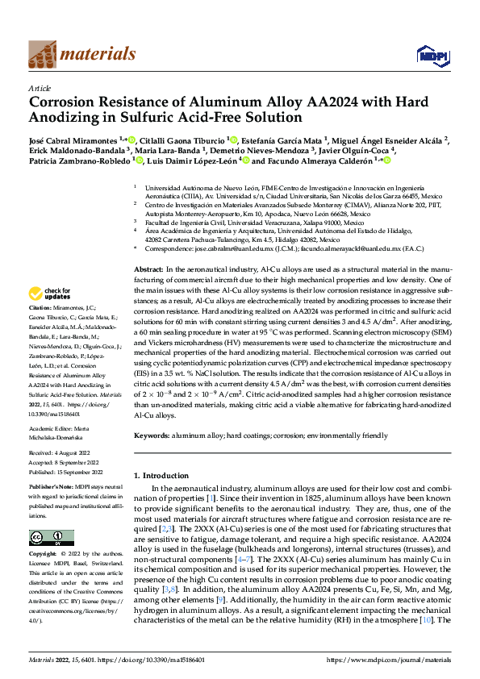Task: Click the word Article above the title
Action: pyautogui.click(x=40, y=88)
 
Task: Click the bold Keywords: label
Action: pyautogui.click(x=151, y=435)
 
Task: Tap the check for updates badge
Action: pyautogui.click(x=52, y=294)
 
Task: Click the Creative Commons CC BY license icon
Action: pyautogui.click(x=46, y=538)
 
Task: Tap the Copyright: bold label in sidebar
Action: pyautogui.click(x=43, y=555)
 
